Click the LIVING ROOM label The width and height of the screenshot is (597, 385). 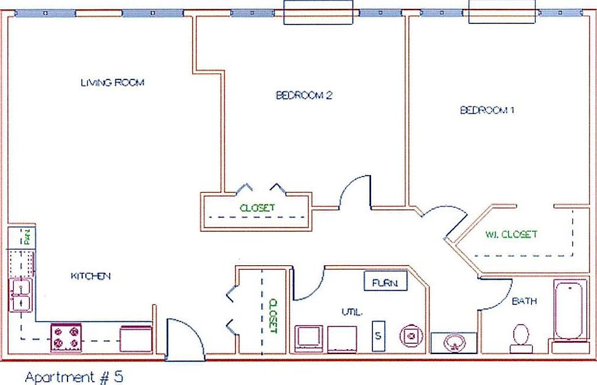tap(112, 83)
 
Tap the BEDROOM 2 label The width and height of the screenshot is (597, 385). tap(304, 96)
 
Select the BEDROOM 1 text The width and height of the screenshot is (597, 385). tap(488, 110)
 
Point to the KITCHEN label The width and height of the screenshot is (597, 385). tap(91, 276)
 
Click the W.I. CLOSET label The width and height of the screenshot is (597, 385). tap(511, 234)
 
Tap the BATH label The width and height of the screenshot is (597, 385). tap(524, 301)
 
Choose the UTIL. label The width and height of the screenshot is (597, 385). tap(352, 311)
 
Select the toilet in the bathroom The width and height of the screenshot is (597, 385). tap(521, 336)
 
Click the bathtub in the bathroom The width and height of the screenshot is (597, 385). tap(570, 312)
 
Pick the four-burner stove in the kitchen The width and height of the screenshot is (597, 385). tap(66, 337)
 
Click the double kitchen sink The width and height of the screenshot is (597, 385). tap(21, 296)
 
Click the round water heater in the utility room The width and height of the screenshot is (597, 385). tap(411, 336)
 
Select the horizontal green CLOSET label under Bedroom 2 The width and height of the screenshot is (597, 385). tap(257, 207)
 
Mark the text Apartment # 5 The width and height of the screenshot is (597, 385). tap(73, 377)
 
